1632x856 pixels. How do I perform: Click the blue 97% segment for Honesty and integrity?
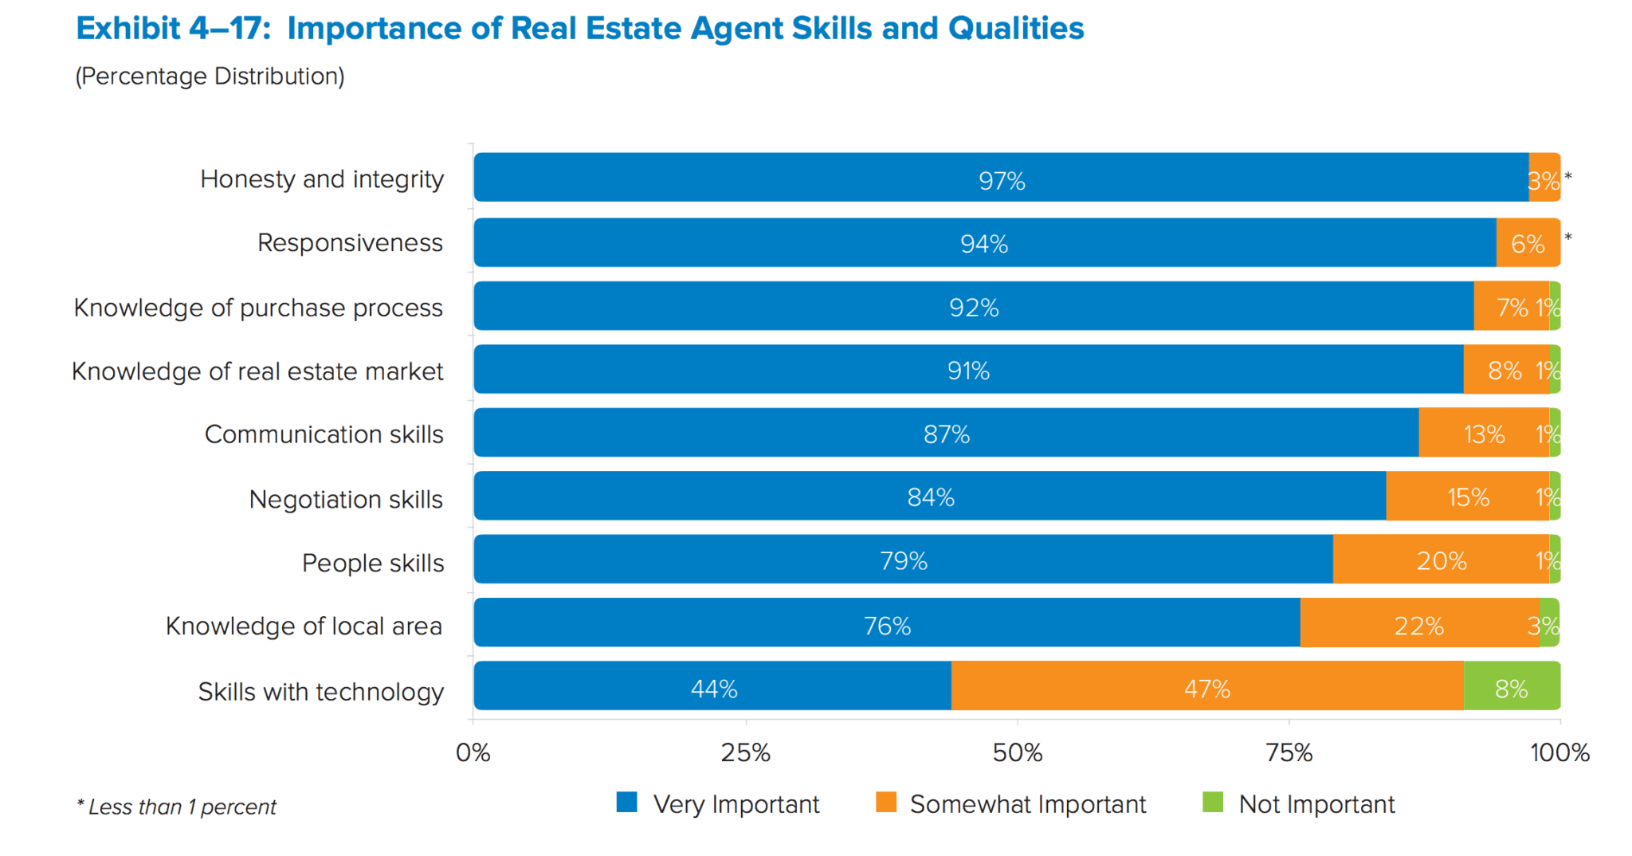click(x=1001, y=177)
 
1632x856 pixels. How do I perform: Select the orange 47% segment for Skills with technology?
click(x=1207, y=686)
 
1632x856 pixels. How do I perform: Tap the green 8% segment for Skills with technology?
click(x=1512, y=686)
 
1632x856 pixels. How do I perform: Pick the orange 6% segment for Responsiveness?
click(x=1528, y=242)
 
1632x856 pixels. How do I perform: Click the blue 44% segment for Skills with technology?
click(x=712, y=686)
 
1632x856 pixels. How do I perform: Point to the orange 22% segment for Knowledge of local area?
click(x=1419, y=622)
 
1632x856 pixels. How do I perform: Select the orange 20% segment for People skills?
click(x=1441, y=560)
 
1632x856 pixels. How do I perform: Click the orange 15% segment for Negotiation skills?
click(x=1467, y=496)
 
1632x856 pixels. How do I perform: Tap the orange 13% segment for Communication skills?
click(x=1484, y=433)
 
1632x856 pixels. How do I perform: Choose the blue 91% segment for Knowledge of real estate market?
click(x=968, y=369)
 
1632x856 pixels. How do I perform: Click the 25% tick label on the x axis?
click(x=746, y=752)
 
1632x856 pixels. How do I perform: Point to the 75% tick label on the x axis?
click(x=1289, y=752)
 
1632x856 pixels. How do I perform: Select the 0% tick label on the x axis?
click(x=473, y=752)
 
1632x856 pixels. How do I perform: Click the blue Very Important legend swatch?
click(x=627, y=802)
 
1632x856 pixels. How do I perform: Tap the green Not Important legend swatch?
click(x=1212, y=802)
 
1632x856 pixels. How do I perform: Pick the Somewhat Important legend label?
click(x=1028, y=804)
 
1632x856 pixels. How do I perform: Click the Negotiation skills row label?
click(x=346, y=499)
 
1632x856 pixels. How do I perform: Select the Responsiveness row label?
click(x=350, y=242)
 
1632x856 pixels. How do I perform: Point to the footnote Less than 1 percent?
click(x=177, y=807)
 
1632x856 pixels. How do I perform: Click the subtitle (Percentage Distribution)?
click(x=210, y=76)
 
